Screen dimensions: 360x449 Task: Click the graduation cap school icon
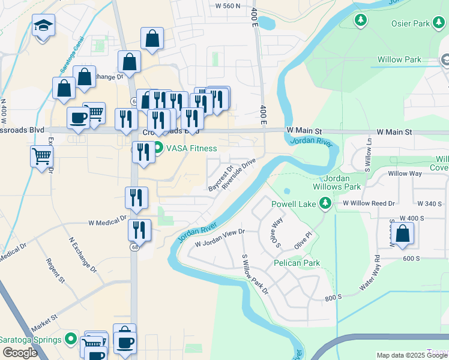tap(43, 26)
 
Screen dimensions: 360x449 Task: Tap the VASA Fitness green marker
tap(158, 148)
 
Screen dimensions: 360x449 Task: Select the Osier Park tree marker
tap(361, 21)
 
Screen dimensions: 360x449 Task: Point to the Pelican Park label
tap(297, 263)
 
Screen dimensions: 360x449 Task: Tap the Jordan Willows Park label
tap(333, 182)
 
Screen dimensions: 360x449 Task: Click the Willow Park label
tap(399, 60)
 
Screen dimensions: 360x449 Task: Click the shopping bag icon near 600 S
tap(403, 234)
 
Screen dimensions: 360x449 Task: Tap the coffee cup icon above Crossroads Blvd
tap(78, 118)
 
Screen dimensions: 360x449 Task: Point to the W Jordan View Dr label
tap(220, 239)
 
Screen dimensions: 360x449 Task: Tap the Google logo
tap(20, 353)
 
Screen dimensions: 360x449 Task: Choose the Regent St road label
tap(55, 270)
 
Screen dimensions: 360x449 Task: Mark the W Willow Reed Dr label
tap(369, 203)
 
